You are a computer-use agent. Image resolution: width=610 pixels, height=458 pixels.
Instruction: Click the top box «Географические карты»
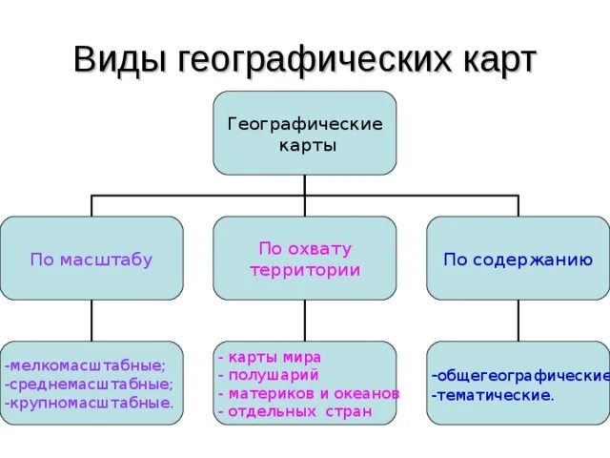tap(305, 133)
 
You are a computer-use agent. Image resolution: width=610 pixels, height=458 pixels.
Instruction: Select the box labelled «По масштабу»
tap(91, 258)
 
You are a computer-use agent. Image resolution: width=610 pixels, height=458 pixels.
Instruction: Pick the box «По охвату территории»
tap(305, 258)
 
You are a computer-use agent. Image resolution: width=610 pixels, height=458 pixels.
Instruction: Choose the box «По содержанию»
tap(518, 258)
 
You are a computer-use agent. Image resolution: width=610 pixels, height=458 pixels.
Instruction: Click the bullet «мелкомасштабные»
tap(86, 364)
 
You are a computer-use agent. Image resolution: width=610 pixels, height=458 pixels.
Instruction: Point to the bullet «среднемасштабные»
tap(90, 384)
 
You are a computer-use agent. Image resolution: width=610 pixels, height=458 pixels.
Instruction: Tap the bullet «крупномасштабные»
tap(90, 403)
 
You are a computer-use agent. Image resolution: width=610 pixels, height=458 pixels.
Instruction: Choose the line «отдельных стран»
tap(295, 412)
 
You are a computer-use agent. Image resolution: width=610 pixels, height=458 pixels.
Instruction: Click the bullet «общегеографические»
tap(520, 374)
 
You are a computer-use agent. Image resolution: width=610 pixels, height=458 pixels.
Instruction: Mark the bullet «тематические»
tap(492, 393)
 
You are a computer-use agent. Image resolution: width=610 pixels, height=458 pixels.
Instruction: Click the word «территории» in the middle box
tap(305, 269)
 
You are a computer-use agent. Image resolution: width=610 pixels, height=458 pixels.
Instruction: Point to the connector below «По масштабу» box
tap(91, 320)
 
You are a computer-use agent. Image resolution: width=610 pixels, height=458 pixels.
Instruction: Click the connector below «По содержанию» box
tap(518, 320)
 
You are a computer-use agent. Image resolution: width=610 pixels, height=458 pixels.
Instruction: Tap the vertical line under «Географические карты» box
tap(305, 185)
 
